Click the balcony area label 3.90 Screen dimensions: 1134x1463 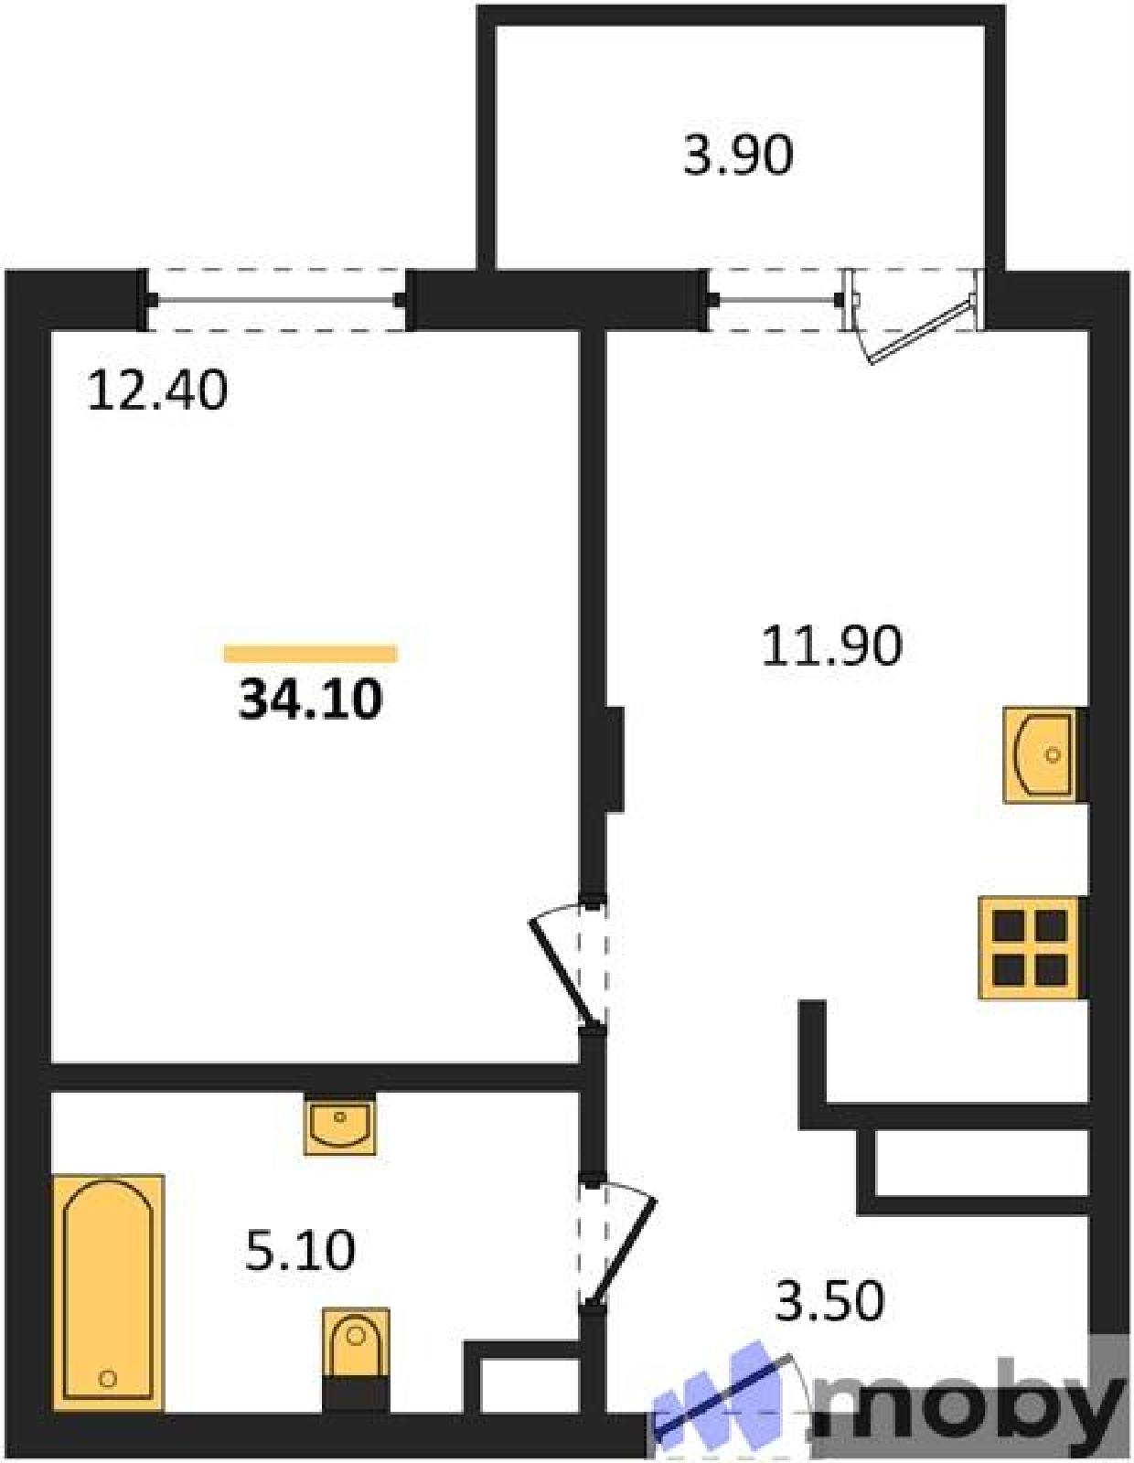coord(738,156)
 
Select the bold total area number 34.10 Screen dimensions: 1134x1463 coord(311,699)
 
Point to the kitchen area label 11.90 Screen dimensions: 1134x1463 coord(831,646)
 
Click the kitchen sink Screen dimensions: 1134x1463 coord(1043,754)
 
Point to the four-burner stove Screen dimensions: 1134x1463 coord(1032,948)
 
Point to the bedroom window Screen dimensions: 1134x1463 coord(277,300)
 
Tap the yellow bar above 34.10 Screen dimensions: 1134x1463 coord(310,653)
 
